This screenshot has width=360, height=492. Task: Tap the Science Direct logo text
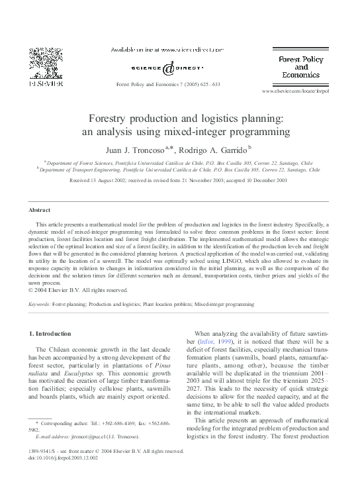(x=171, y=68)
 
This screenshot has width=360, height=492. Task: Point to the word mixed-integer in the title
(x=210, y=132)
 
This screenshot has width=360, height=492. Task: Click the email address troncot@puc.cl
(x=91, y=437)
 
